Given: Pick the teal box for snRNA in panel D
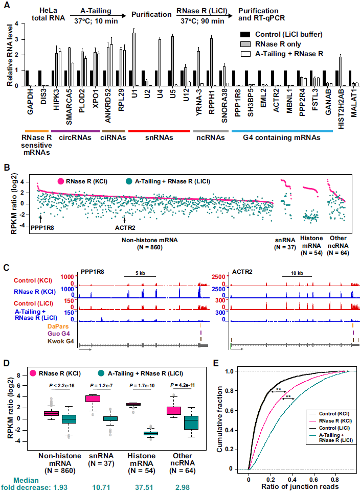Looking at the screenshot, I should tap(110, 419).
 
